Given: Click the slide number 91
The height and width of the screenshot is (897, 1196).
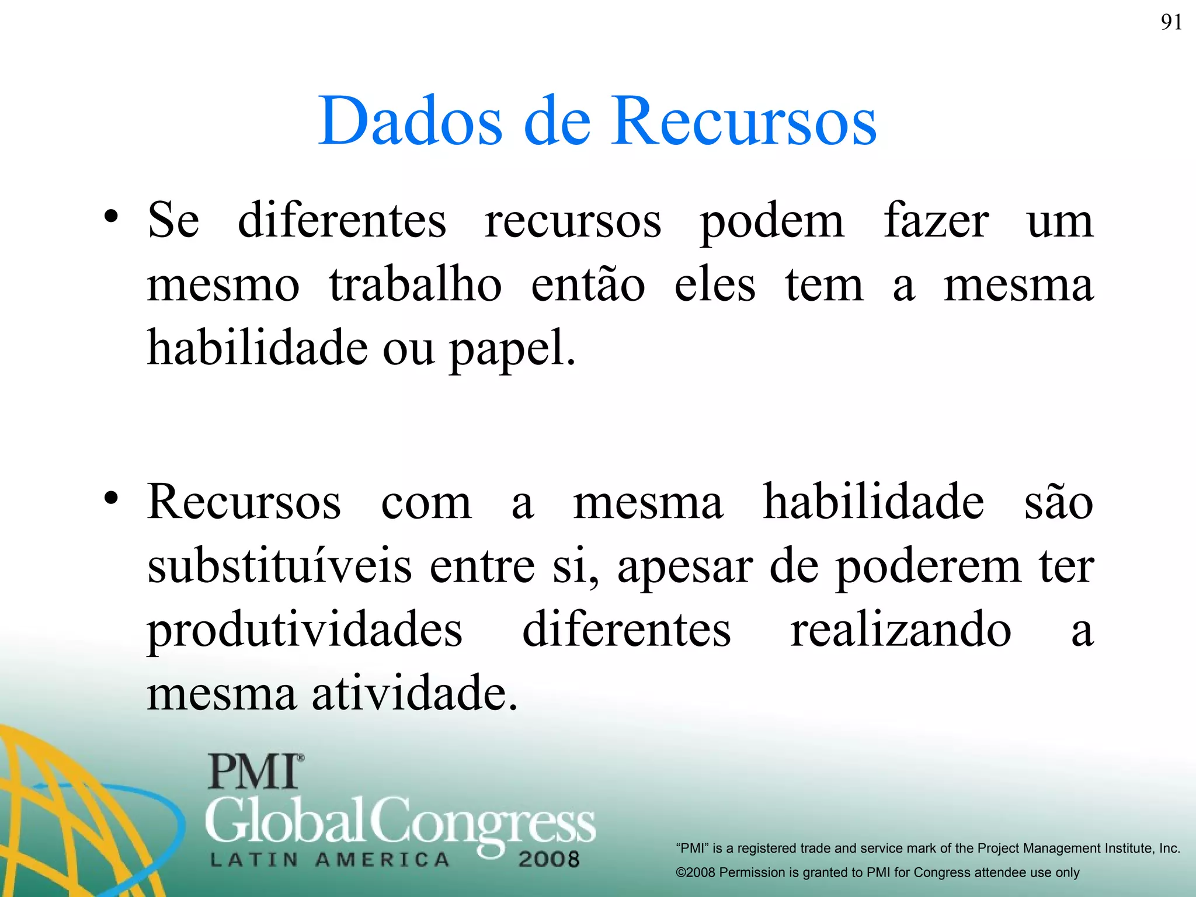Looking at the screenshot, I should pyautogui.click(x=1171, y=22).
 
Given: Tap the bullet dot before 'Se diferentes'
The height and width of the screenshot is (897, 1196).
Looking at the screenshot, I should pyautogui.click(x=112, y=217).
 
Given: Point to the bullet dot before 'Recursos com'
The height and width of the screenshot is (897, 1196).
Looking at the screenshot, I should pyautogui.click(x=112, y=498).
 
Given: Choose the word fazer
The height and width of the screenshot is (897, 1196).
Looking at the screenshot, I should pyautogui.click(x=936, y=221).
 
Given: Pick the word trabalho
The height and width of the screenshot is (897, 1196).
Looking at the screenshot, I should pyautogui.click(x=415, y=285).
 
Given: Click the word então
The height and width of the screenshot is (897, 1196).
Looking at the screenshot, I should pyautogui.click(x=587, y=285).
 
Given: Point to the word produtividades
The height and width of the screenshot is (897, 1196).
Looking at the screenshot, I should pyautogui.click(x=304, y=631).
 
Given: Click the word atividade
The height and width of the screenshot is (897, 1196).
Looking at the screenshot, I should pyautogui.click(x=414, y=693).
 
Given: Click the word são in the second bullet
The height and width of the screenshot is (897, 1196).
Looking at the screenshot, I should pyautogui.click(x=1058, y=502).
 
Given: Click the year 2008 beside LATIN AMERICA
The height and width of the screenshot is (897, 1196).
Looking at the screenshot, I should pyautogui.click(x=548, y=859).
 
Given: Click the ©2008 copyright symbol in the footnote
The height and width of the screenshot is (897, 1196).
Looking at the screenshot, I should pyautogui.click(x=681, y=872).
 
